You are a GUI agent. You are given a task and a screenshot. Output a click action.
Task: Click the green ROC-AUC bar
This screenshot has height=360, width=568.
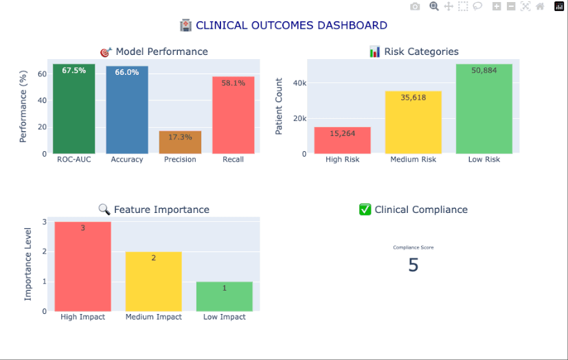pos(73,110)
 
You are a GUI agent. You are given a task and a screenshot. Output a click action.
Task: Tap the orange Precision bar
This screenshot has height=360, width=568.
pos(180,143)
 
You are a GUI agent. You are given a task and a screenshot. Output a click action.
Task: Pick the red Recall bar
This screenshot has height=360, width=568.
pos(233,115)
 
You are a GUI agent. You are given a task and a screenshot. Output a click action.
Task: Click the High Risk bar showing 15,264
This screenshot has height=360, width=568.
pos(342,141)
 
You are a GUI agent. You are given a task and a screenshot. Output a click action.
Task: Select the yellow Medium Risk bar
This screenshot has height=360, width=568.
pos(413,124)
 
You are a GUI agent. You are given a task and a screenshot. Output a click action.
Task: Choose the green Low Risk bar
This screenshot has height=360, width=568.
pos(484,110)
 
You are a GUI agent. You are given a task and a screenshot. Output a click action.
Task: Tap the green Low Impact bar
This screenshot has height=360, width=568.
pos(224,297)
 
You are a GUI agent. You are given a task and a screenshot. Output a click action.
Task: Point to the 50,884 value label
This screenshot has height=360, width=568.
pos(484,70)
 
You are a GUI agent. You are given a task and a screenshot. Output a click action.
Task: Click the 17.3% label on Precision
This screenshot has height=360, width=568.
pos(180,137)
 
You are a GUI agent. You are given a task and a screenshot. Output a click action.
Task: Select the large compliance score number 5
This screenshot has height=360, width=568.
pos(413,265)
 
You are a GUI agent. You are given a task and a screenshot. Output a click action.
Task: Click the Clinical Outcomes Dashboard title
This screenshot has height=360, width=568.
pos(284,25)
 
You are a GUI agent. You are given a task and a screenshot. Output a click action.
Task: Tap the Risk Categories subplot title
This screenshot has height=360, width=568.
pos(413,52)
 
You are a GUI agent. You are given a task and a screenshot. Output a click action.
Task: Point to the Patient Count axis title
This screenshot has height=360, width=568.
pos(279,106)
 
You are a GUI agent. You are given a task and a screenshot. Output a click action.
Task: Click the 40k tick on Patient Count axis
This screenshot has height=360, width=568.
pos(299,83)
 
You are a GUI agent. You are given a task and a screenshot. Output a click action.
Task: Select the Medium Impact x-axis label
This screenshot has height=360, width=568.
pos(153,317)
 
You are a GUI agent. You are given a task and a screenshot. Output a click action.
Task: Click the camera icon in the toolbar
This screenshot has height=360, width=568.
pos(415,7)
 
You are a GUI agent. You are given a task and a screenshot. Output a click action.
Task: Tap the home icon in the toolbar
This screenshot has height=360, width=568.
pos(540,7)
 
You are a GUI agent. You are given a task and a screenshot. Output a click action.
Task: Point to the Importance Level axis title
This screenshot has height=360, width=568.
pos(28,267)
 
